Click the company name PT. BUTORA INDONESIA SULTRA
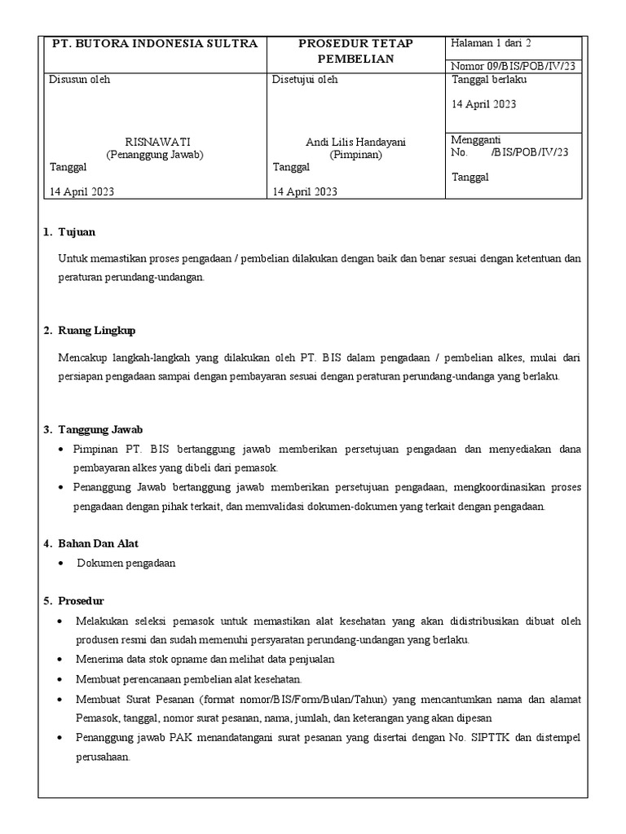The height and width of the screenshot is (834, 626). tap(155, 44)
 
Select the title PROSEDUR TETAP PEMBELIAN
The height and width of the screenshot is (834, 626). tap(355, 51)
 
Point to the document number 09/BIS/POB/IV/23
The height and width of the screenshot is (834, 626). tap(513, 66)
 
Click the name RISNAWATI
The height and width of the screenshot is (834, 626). tap(155, 142)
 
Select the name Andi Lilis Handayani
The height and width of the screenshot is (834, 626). tap(355, 142)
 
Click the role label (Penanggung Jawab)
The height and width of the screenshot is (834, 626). tap(155, 154)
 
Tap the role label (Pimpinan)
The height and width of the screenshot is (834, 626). tap(355, 154)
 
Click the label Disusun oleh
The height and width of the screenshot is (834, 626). tap(80, 80)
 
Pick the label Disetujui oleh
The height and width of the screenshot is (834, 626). tap(305, 80)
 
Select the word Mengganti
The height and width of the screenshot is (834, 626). tap(476, 139)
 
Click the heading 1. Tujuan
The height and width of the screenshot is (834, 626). tap(69, 232)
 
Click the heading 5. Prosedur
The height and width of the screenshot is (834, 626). tap(73, 601)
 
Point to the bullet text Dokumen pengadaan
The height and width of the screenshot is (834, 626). tap(126, 563)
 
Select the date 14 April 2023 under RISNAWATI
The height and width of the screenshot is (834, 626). tap(82, 191)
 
